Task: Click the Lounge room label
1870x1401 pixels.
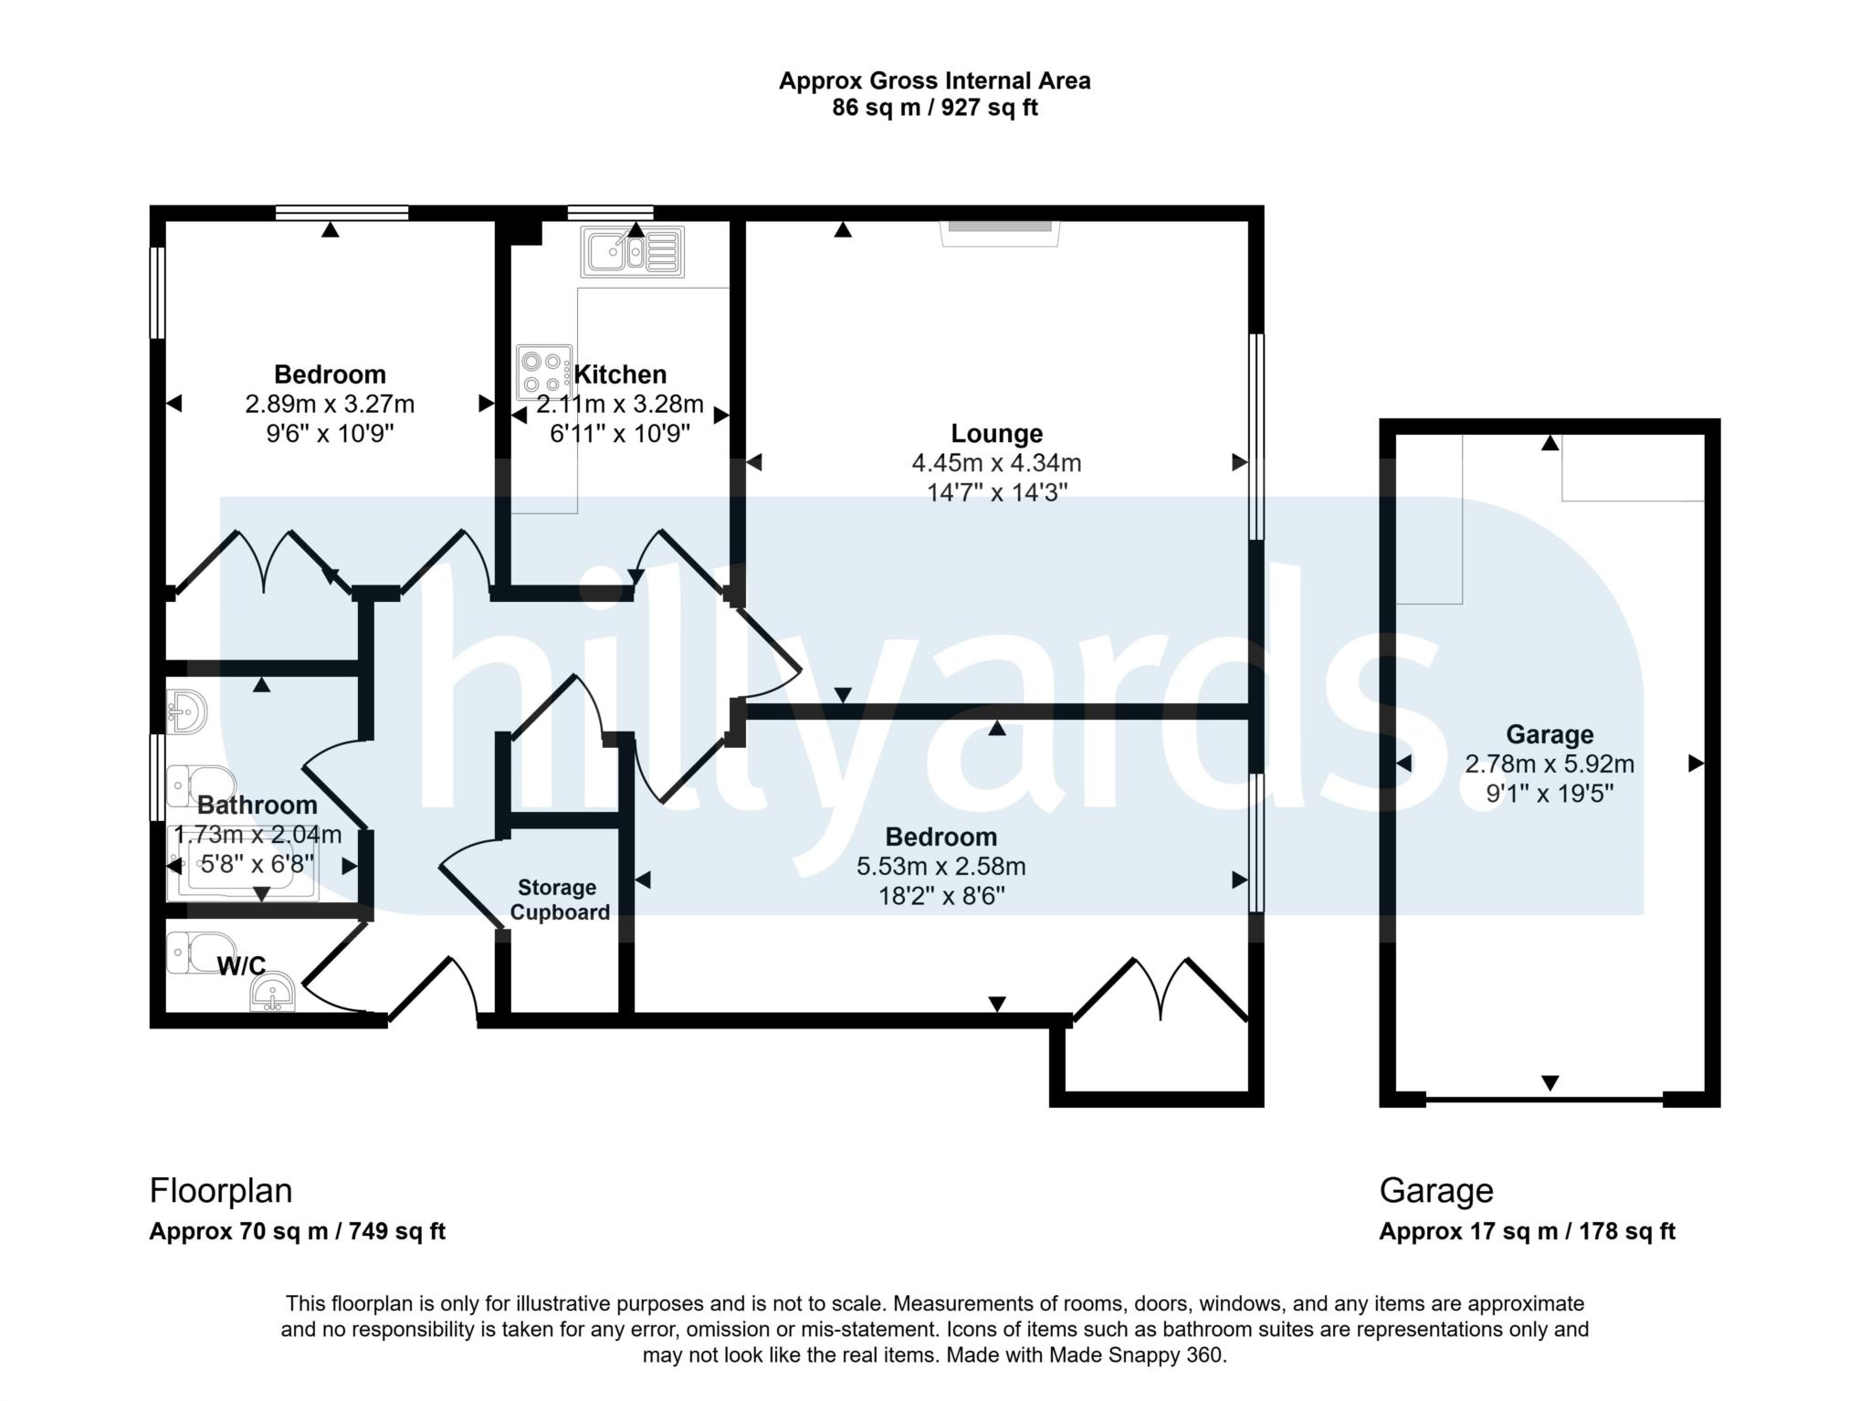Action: [x=996, y=433]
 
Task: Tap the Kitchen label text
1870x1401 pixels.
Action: [x=620, y=374]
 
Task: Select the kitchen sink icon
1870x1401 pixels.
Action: [x=633, y=251]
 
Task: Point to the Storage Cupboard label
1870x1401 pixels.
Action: [x=559, y=900]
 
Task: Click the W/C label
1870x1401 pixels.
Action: [x=241, y=965]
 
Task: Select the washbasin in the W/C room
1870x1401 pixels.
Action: [x=273, y=993]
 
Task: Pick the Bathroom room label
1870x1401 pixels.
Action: [x=257, y=805]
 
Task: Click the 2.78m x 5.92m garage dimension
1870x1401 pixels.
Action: [x=1550, y=764]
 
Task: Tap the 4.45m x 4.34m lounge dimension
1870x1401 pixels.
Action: [x=996, y=463]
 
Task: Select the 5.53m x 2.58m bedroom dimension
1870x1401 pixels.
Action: [x=940, y=866]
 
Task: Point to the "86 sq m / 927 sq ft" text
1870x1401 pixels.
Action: [x=935, y=108]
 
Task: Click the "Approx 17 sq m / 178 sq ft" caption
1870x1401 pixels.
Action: [x=1527, y=1231]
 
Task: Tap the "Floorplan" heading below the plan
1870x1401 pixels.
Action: [x=221, y=1191]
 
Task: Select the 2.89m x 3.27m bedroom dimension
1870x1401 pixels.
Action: [x=330, y=404]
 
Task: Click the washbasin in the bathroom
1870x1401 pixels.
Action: [x=187, y=711]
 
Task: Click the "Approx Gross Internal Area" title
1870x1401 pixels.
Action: [x=935, y=80]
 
